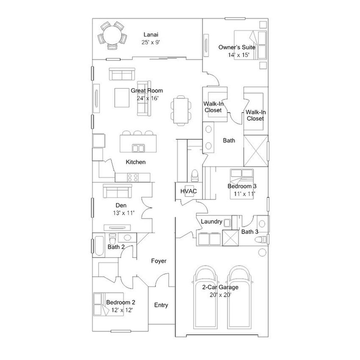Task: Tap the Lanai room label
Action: click(x=151, y=35)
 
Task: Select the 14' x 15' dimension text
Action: click(x=239, y=55)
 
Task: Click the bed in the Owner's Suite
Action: click(x=250, y=45)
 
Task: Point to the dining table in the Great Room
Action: click(x=181, y=111)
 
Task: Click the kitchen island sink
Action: click(x=138, y=148)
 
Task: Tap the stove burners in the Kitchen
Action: click(x=133, y=177)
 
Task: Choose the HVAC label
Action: click(x=189, y=191)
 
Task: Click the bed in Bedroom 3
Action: click(x=242, y=184)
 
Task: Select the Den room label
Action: click(x=121, y=205)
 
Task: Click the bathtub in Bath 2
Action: click(x=99, y=246)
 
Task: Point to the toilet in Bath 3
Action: click(x=261, y=240)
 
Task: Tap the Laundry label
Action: click(x=211, y=222)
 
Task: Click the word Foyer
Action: click(x=159, y=261)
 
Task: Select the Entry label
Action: click(x=161, y=305)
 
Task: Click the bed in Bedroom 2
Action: click(x=108, y=304)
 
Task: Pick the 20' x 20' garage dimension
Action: click(x=220, y=295)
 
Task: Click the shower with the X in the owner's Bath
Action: click(x=255, y=150)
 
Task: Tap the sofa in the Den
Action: click(x=117, y=191)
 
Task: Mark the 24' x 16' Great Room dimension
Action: click(x=147, y=98)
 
